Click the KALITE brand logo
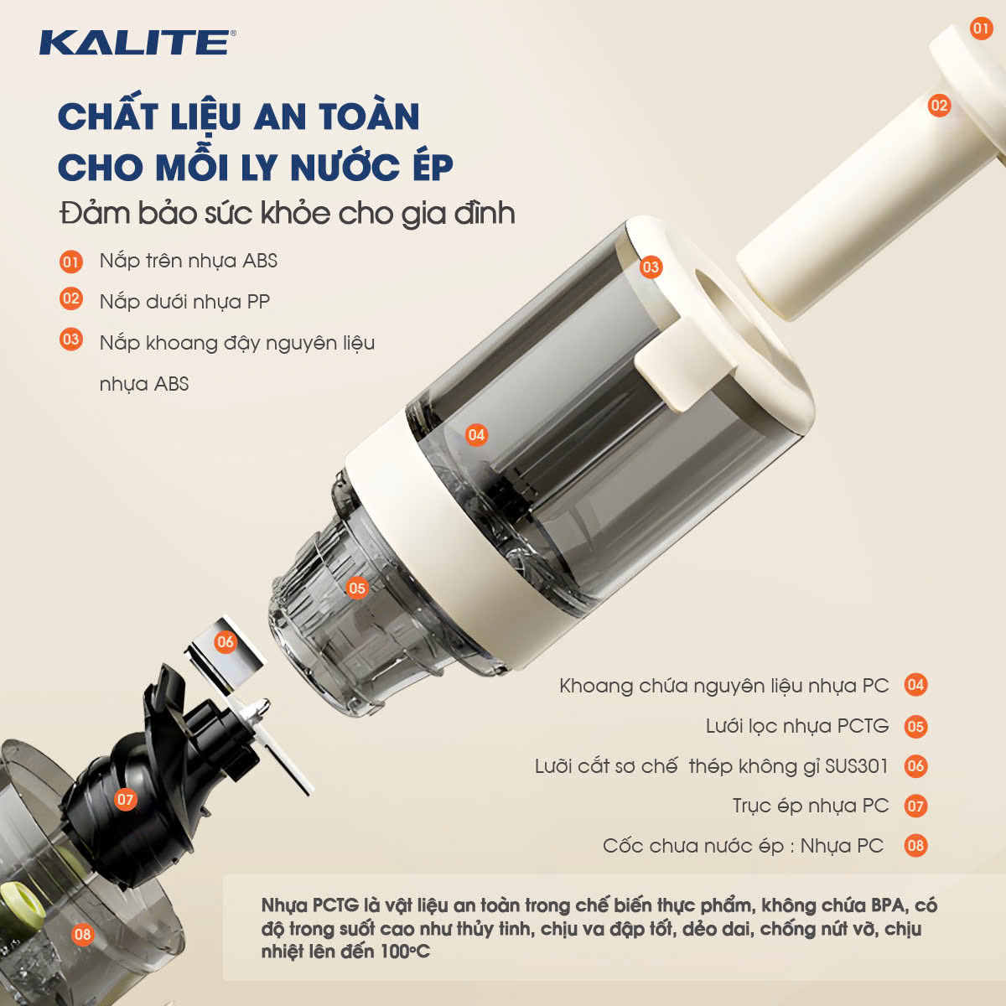point(137,42)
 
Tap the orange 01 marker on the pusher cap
point(981,28)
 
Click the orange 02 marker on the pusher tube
point(939,106)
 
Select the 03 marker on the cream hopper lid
point(651,267)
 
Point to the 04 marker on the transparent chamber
point(476,435)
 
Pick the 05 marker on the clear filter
point(357,589)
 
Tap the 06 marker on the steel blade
point(226,641)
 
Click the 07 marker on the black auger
point(125,799)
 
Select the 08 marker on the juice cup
point(82,934)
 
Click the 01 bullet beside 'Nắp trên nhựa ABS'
point(71,262)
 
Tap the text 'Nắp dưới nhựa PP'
point(184,302)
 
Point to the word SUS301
point(856,766)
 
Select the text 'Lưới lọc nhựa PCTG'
point(797,726)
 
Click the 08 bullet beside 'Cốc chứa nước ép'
point(915,846)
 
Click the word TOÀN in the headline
point(370,116)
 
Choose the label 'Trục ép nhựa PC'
point(810,806)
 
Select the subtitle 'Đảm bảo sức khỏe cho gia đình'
point(288,214)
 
